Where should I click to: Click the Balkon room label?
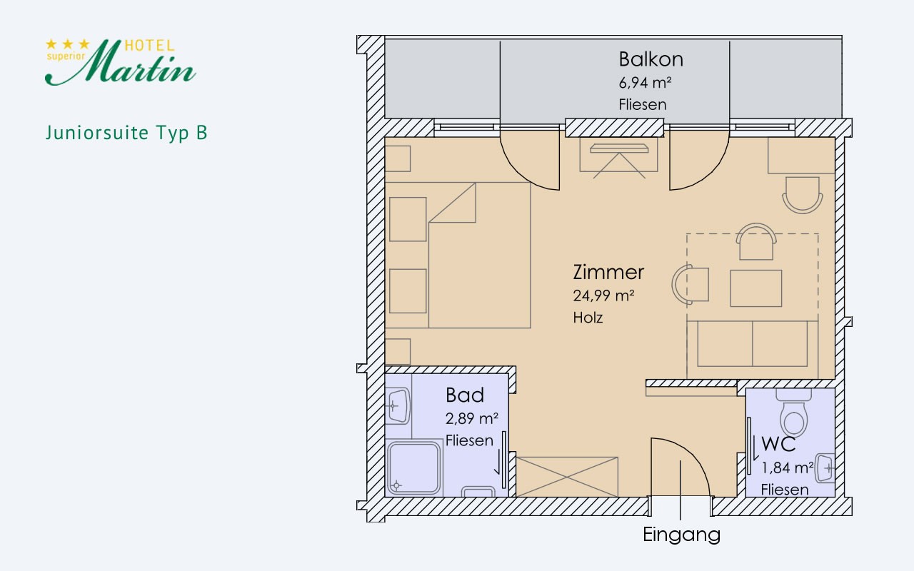pyautogui.click(x=651, y=59)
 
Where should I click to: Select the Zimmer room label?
pyautogui.click(x=608, y=272)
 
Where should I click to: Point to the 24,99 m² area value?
pyautogui.click(x=603, y=295)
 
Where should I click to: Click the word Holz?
pyautogui.click(x=588, y=318)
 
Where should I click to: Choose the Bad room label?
pyautogui.click(x=465, y=395)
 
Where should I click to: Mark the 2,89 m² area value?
pyautogui.click(x=472, y=418)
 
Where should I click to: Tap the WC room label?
pyautogui.click(x=778, y=444)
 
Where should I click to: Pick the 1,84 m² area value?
pyautogui.click(x=788, y=468)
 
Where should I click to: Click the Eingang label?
pyautogui.click(x=681, y=534)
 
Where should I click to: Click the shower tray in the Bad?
pyautogui.click(x=413, y=468)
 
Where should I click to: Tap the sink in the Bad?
pyautogui.click(x=397, y=406)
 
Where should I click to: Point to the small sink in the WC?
pyautogui.click(x=826, y=468)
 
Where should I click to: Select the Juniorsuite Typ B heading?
pyautogui.click(x=126, y=133)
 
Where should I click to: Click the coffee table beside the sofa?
pyautogui.click(x=755, y=288)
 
